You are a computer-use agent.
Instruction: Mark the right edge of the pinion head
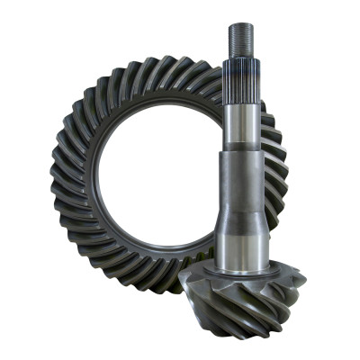pos(301,288)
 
